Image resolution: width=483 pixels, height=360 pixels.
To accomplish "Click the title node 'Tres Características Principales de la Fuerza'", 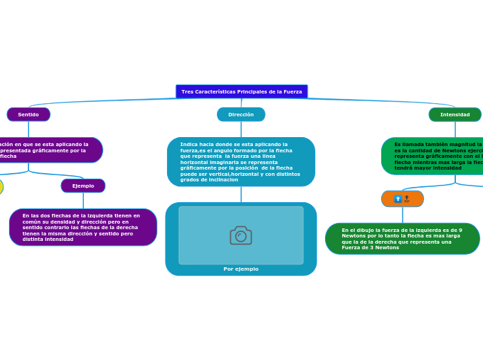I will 241,91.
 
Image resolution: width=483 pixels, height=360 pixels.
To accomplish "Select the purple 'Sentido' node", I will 28,114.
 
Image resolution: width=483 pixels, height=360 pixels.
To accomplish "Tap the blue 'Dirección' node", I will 240,114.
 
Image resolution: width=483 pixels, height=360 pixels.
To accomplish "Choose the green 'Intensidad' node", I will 455,114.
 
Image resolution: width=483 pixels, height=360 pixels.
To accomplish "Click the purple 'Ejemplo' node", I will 83,186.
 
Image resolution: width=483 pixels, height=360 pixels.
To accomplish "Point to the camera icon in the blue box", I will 240,235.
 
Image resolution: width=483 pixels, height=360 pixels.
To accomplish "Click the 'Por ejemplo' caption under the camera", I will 240,269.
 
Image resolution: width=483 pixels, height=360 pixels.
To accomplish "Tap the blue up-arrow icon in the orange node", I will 398,199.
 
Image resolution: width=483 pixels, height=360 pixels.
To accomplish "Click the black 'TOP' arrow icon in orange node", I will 407,199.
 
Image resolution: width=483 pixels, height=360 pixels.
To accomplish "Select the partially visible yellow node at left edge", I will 1,186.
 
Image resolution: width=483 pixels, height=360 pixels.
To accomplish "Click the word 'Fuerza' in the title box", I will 292,91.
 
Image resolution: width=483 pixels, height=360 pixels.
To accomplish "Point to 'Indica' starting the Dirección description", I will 187,144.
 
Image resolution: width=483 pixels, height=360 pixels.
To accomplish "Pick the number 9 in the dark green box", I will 460,230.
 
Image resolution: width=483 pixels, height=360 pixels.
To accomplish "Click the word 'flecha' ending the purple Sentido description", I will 8,156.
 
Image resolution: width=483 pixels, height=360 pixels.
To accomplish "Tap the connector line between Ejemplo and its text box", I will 83,200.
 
